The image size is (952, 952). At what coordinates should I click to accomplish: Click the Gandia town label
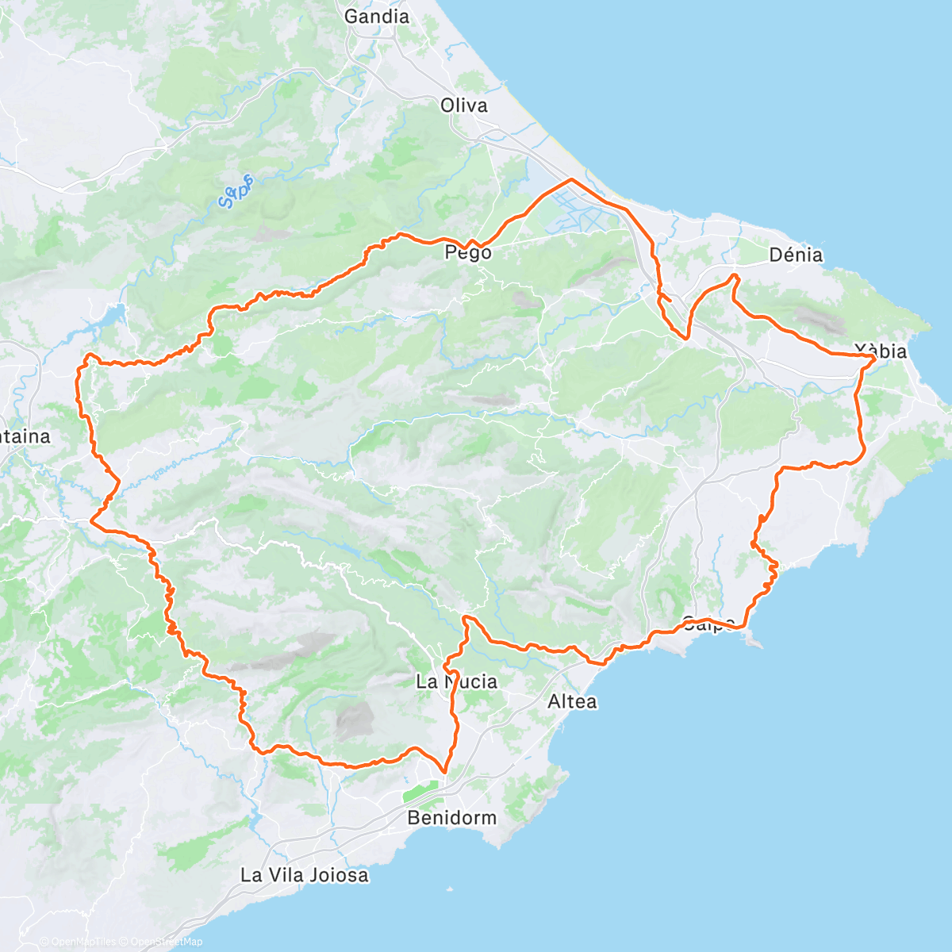point(377,17)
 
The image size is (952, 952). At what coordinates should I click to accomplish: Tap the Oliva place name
point(464,106)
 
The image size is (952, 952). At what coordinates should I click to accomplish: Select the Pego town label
point(468,253)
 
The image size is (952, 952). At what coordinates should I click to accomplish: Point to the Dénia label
point(796,255)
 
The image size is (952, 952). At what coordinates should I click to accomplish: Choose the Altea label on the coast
point(572,701)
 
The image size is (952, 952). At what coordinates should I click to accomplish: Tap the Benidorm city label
point(451,818)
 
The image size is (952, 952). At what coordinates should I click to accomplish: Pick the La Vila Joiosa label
point(305,876)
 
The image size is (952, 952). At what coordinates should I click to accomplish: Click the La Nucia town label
point(457,681)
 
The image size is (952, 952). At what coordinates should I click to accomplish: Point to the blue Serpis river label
point(236,191)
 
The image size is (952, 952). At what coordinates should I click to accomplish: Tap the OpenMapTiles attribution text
point(83,942)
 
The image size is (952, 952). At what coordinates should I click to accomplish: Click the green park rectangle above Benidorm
point(420,792)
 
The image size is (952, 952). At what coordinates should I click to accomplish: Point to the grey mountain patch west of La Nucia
point(354,718)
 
